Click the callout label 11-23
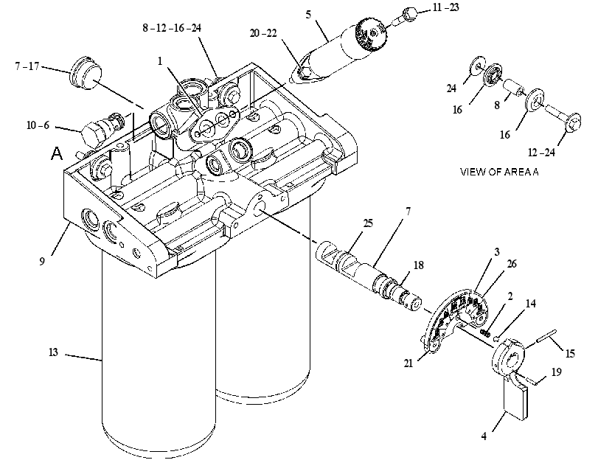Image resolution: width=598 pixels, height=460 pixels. point(445,7)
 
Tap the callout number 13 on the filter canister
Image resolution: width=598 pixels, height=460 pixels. point(53,352)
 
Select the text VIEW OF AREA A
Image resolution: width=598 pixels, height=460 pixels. point(499,172)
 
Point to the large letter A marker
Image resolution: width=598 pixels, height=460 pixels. point(57,154)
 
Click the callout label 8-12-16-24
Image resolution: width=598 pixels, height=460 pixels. point(172,28)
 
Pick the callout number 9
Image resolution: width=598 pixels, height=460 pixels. point(42,261)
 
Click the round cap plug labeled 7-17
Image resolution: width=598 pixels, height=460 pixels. point(86,73)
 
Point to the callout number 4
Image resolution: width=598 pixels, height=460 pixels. point(484,436)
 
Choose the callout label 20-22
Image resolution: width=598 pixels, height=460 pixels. point(263,33)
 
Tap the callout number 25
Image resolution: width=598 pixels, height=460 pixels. point(368,223)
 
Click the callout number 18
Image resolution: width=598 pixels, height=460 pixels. point(418,265)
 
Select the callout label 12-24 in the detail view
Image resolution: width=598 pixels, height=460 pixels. point(541,153)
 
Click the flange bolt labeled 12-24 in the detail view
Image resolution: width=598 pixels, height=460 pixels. point(563,117)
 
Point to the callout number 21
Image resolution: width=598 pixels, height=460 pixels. point(408,363)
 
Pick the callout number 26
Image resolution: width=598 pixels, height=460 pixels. point(512,264)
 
